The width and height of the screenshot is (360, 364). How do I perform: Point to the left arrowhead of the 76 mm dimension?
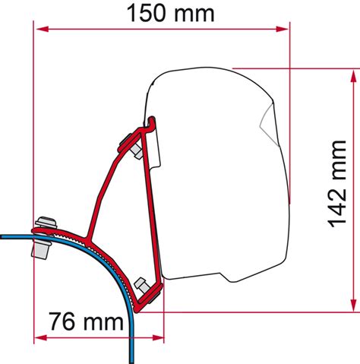[40, 334]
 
